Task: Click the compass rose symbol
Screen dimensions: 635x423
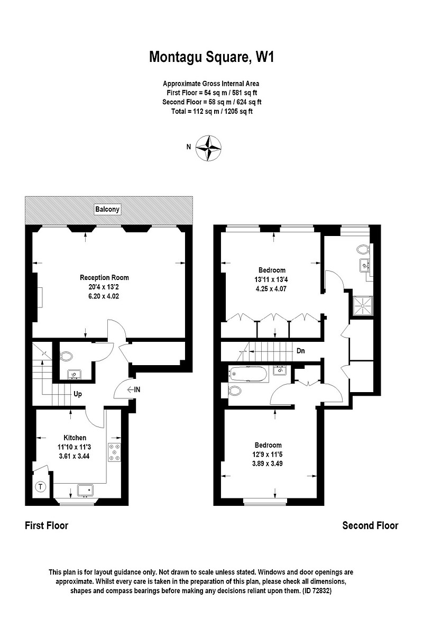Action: (x=209, y=148)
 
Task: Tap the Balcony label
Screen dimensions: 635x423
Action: (x=108, y=210)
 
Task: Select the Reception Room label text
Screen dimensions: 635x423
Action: (x=104, y=277)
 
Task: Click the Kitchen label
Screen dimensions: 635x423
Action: (x=75, y=438)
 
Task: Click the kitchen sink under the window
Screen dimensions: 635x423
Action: (x=85, y=490)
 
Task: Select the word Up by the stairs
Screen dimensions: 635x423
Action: (x=78, y=394)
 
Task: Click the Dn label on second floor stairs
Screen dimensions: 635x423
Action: (x=300, y=350)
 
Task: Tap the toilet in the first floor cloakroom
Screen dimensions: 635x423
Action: (x=67, y=356)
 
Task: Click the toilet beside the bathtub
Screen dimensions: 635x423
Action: (x=234, y=391)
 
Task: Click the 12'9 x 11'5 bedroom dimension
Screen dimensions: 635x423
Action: (x=268, y=454)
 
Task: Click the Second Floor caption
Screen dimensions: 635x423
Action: (x=370, y=525)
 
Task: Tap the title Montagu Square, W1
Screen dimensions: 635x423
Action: (x=212, y=57)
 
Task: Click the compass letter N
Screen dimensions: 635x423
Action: (x=188, y=148)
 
